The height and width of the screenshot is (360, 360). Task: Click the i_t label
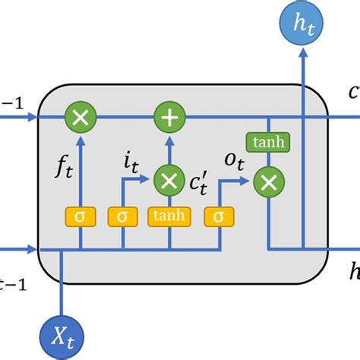(131, 162)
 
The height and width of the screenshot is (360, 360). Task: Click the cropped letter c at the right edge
(354, 93)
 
